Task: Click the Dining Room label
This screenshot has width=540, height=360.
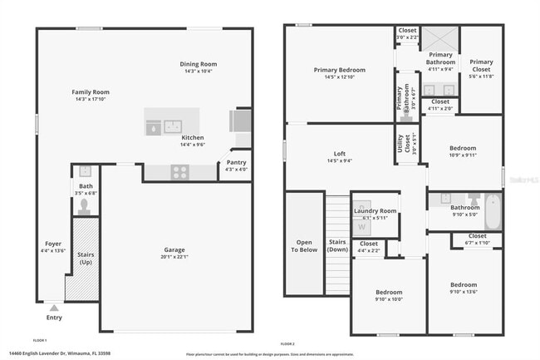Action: point(199,64)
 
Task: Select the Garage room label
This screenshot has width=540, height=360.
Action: point(174,249)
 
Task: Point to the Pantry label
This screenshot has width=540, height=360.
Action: point(236,162)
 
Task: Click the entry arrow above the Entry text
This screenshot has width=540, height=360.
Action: point(54,308)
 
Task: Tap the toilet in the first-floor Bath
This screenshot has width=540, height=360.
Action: point(84,204)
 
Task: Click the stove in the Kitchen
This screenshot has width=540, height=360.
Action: point(179,172)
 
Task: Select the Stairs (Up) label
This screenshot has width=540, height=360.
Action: point(86,258)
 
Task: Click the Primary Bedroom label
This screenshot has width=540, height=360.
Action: point(339,70)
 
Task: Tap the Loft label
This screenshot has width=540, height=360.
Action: point(339,153)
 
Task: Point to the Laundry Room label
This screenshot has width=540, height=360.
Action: point(375,211)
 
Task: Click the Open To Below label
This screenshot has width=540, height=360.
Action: point(303,244)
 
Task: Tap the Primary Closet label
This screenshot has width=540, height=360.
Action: point(481,66)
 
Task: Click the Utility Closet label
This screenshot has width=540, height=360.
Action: point(401,142)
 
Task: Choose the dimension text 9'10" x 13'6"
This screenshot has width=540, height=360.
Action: point(464,292)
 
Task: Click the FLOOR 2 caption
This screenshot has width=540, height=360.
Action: point(287,344)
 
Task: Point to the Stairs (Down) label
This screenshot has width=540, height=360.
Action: point(337,244)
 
